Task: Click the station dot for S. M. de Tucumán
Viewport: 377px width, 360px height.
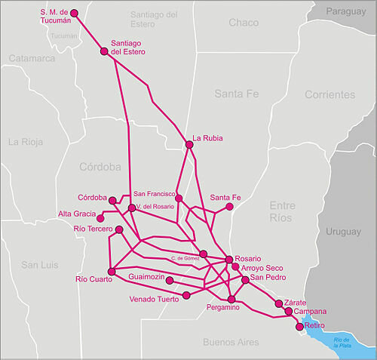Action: (x=73, y=13)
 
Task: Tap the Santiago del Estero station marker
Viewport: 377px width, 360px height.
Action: (x=104, y=51)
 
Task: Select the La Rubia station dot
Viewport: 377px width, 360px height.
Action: (x=189, y=144)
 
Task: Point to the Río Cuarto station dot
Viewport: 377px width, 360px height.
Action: (x=112, y=271)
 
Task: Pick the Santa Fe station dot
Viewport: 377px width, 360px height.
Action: (x=230, y=206)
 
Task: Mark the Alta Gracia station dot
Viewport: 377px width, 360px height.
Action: (x=100, y=217)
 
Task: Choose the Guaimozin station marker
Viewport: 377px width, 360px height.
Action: (x=169, y=280)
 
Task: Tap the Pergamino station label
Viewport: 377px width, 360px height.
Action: (x=222, y=308)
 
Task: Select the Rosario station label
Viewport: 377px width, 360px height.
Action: (x=248, y=258)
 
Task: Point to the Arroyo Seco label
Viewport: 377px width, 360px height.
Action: (x=262, y=268)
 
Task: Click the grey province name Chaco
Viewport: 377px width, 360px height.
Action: (x=243, y=23)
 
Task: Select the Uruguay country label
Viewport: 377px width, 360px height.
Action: (x=344, y=233)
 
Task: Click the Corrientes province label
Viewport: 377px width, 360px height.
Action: (x=329, y=95)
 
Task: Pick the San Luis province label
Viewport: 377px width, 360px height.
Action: (x=39, y=265)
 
